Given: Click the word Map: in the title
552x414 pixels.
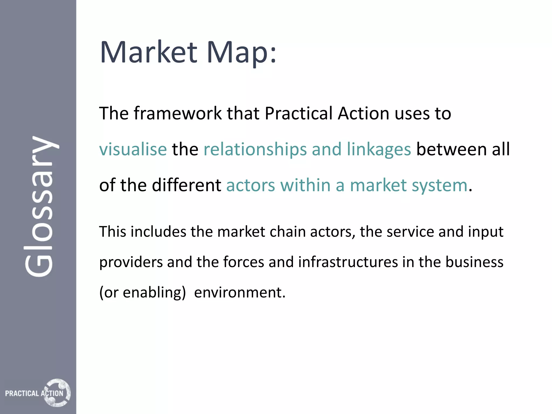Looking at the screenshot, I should (241, 53).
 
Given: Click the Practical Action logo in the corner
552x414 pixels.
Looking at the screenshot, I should (38, 393).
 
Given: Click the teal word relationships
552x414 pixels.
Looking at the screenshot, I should (255, 150).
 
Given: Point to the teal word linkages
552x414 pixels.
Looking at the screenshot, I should (379, 150).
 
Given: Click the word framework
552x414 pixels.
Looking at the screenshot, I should (178, 113).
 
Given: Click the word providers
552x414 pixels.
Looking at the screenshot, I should (131, 262).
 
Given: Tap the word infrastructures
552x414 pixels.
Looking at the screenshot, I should (348, 262).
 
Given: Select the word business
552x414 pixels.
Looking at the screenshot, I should (474, 262).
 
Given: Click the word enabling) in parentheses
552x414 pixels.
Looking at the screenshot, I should (154, 292).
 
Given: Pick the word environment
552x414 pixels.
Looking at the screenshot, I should (239, 292).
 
